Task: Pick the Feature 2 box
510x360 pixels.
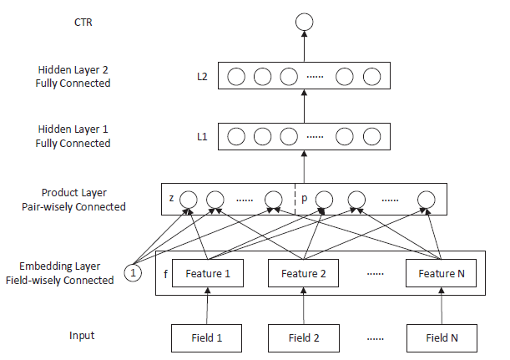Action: pyautogui.click(x=304, y=273)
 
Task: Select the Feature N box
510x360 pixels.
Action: pyautogui.click(x=442, y=273)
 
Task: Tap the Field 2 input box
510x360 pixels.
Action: pyautogui.click(x=304, y=338)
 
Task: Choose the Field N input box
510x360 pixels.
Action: pyautogui.click(x=442, y=338)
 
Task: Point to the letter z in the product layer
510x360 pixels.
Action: pyautogui.click(x=171, y=200)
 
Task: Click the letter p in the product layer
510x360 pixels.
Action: pyautogui.click(x=305, y=200)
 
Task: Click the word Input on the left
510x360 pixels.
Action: pyautogui.click(x=82, y=336)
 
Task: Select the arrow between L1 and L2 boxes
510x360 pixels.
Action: pyautogui.click(x=304, y=106)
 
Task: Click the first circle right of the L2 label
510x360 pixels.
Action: pyautogui.click(x=236, y=77)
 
